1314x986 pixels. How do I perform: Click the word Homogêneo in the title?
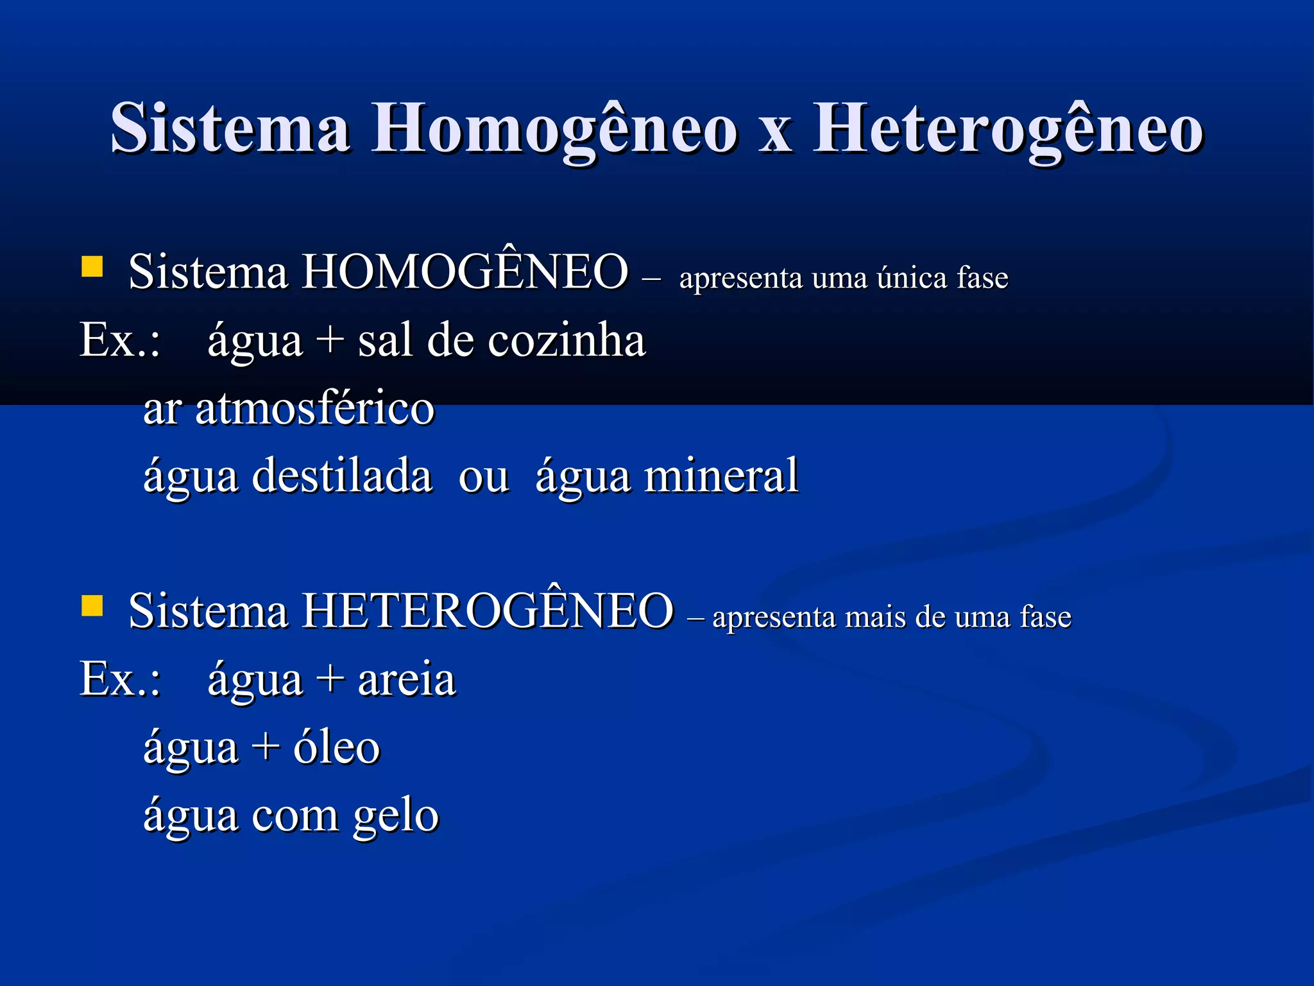pos(554,130)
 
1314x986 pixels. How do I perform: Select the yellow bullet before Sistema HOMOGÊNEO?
pos(92,266)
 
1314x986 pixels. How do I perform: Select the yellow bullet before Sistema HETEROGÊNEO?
pos(92,605)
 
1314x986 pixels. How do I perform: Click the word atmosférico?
pos(314,408)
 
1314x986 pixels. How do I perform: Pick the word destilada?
pos(342,476)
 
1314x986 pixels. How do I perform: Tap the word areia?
pos(406,679)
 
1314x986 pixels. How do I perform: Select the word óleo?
pos(336,747)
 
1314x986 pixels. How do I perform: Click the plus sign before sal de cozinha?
pos(330,340)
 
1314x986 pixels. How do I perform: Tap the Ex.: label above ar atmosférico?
pos(120,340)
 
